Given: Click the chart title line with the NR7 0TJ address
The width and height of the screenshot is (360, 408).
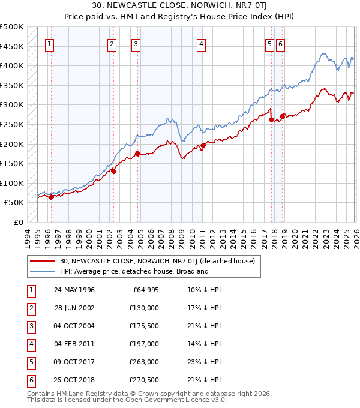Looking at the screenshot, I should pos(180,5).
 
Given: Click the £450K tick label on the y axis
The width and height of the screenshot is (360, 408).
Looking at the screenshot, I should pos(12,46).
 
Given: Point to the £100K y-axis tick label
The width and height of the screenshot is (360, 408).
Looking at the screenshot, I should pos(12,183).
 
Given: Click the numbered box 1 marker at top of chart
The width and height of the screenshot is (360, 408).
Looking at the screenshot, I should pos(49,43).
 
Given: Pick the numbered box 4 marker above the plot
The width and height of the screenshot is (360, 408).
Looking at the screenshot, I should pos(201,43).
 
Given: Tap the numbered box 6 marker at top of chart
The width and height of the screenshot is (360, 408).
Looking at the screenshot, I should pos(280,43).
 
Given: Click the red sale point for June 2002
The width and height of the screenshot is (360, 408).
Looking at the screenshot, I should pos(113,171).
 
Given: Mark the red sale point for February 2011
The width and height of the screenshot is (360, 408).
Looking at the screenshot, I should pos(203,145).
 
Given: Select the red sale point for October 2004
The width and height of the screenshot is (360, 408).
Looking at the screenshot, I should pos(137,153).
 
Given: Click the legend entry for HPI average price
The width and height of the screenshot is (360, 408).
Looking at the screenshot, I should pos(133,271).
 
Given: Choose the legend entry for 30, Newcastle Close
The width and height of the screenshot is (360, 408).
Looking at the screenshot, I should pos(157,261).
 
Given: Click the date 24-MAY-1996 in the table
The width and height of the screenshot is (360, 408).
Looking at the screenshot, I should pos(74,290).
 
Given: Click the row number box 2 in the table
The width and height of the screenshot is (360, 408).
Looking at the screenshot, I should pos(31,308).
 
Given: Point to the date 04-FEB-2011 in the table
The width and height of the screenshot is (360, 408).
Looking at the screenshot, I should pos(74,343).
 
